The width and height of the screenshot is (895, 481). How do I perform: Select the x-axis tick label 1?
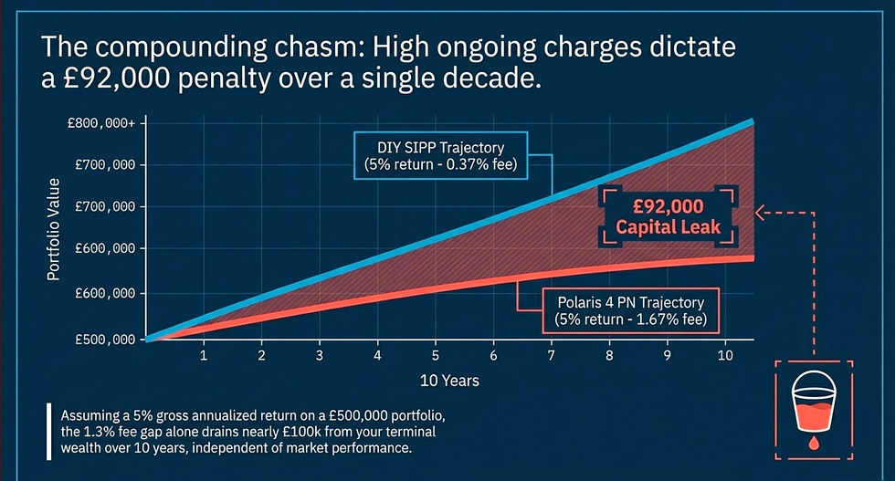pyautogui.click(x=204, y=354)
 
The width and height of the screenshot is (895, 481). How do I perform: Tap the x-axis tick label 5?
pyautogui.click(x=436, y=354)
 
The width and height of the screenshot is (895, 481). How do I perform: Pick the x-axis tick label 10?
pyautogui.click(x=724, y=354)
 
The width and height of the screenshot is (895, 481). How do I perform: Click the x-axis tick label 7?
pyautogui.click(x=551, y=354)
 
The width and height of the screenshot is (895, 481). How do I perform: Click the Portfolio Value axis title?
pyautogui.click(x=54, y=230)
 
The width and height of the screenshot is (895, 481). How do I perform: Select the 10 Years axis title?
pyautogui.click(x=449, y=380)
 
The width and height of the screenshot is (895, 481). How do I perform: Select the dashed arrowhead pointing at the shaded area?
pyautogui.click(x=760, y=214)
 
